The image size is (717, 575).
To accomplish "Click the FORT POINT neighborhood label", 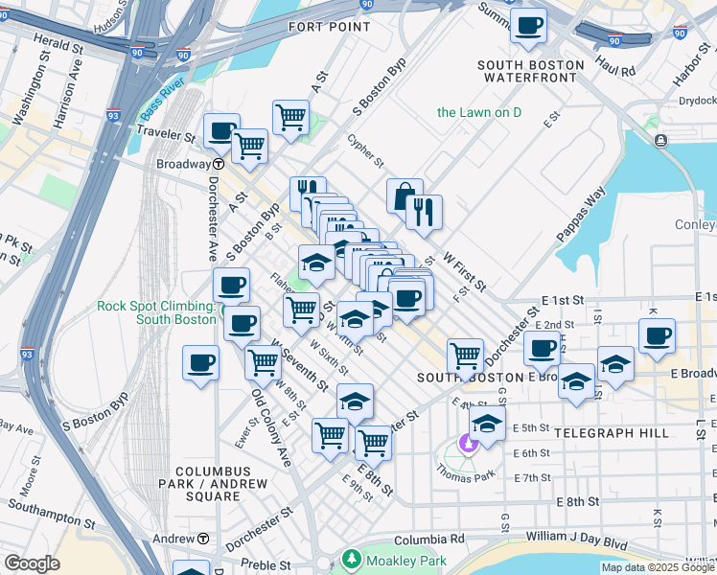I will click(329, 27).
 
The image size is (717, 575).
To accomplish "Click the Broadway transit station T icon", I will click(218, 164).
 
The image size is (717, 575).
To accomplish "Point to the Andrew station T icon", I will click(202, 539).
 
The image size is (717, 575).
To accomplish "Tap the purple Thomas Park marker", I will click(468, 443).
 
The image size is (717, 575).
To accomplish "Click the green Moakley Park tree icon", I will click(352, 559).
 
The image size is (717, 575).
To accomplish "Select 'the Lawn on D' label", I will click(479, 112).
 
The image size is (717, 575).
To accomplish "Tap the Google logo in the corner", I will click(32, 563).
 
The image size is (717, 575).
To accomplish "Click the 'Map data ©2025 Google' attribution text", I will click(659, 567).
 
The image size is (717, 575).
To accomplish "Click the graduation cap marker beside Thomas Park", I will click(487, 425).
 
